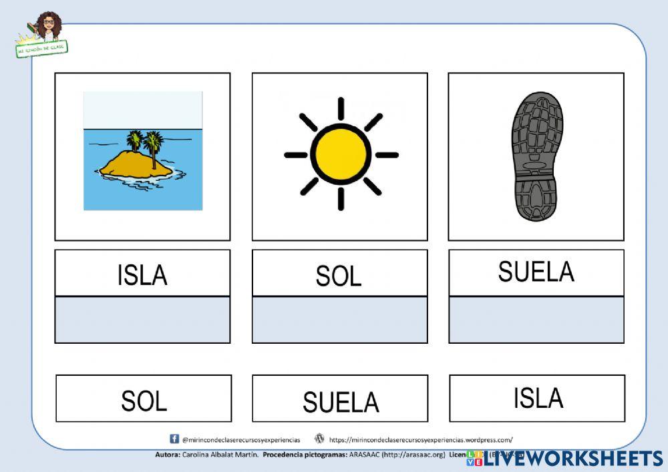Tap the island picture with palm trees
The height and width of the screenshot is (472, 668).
(x=142, y=151)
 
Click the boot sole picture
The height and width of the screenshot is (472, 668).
(x=536, y=156)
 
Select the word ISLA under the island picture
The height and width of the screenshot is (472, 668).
(x=142, y=274)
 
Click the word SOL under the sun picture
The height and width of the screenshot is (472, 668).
(x=339, y=275)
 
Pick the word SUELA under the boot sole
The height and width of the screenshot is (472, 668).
(x=536, y=272)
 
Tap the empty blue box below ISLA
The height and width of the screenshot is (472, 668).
(x=142, y=320)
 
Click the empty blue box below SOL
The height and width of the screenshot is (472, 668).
(x=339, y=320)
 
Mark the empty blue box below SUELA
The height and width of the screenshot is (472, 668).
(x=536, y=320)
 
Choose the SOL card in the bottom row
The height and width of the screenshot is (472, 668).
(x=144, y=400)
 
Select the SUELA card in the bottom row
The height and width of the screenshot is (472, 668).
(x=340, y=401)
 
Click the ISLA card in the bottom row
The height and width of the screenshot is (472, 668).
(x=538, y=397)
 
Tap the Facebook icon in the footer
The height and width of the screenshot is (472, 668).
(x=174, y=439)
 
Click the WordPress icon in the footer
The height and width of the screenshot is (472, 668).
(x=319, y=439)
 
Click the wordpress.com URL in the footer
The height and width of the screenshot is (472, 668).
(x=421, y=440)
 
